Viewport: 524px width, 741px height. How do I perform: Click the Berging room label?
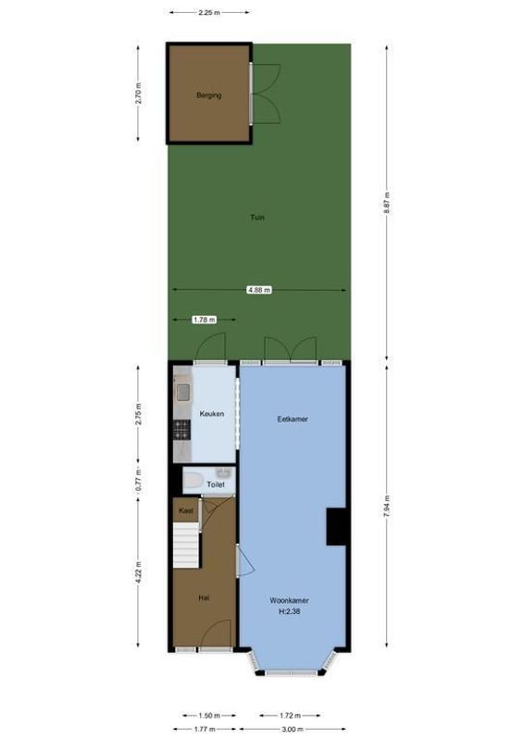coord(208,95)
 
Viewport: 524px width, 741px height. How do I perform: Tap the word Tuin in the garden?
coord(257,218)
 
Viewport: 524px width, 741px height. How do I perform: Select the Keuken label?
coord(212,414)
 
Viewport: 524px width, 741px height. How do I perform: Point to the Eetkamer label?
coord(293,419)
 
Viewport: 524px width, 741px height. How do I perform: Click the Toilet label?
coord(216,484)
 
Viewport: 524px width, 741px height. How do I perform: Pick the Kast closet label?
coord(185,510)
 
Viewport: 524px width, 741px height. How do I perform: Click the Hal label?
coord(203,598)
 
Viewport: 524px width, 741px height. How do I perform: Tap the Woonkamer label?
coord(290,600)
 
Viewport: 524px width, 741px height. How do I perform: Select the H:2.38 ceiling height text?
coord(290,611)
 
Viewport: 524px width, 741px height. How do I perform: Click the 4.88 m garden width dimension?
coord(259,290)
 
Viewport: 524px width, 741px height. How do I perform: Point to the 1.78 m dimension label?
coord(204,320)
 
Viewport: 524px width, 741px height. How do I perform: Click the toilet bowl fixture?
coord(193,480)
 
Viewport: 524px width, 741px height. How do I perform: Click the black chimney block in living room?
coord(336,526)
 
